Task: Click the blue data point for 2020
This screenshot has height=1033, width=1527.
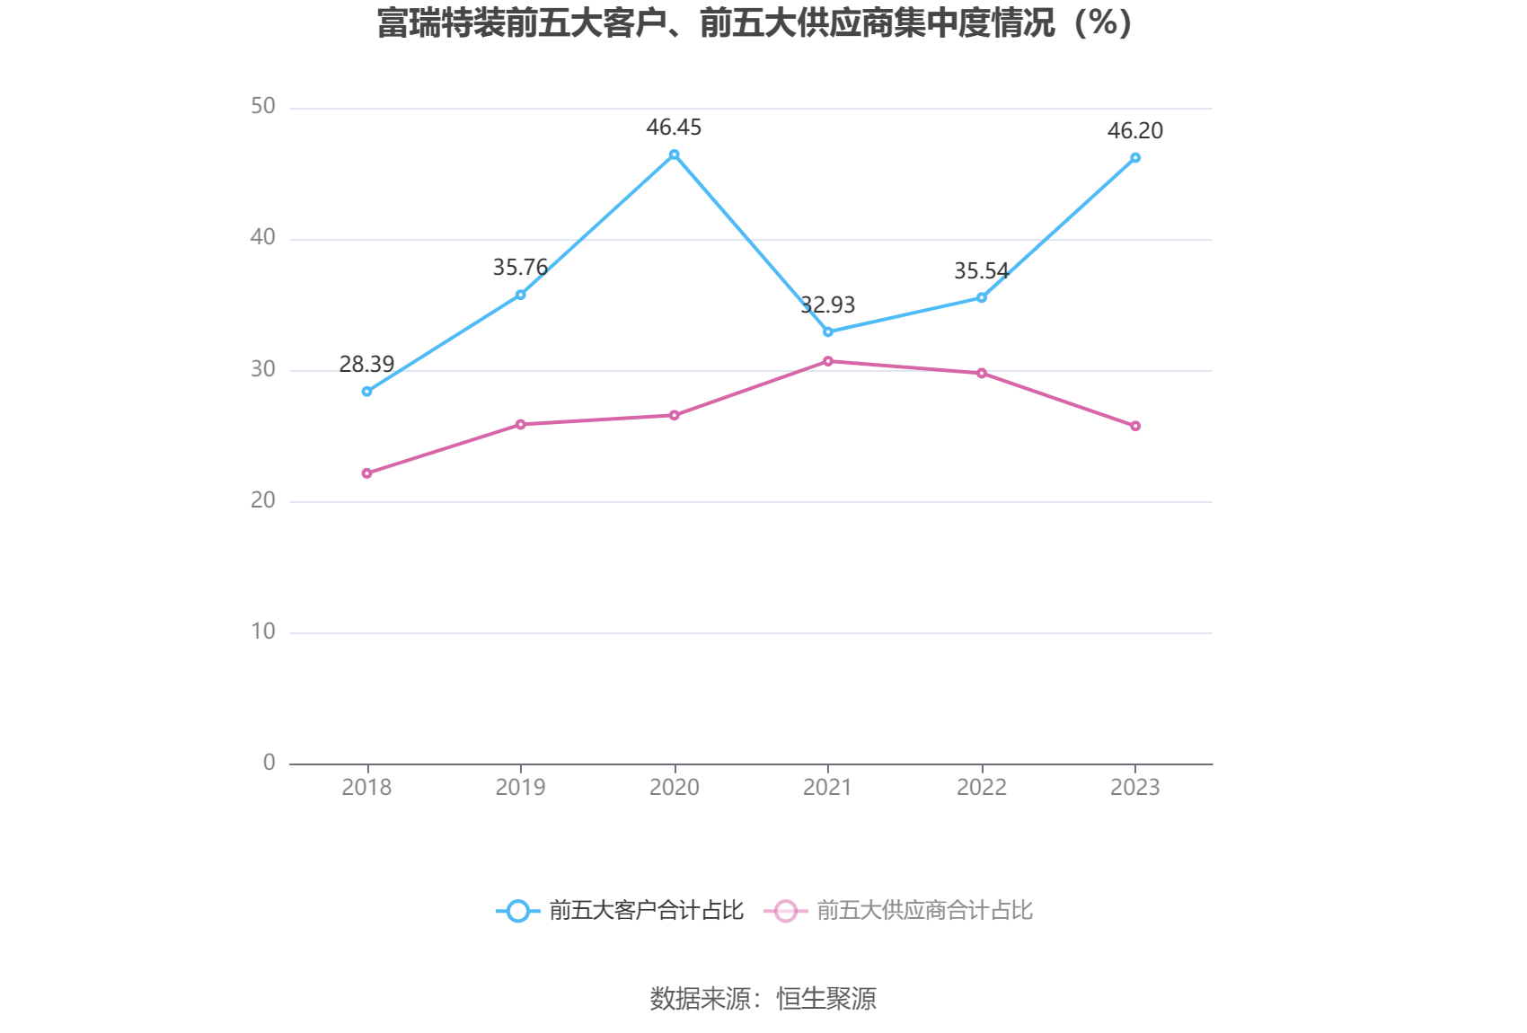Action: [674, 155]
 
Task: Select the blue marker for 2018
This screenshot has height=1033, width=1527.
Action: [366, 392]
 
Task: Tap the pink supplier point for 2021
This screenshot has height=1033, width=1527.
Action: [828, 361]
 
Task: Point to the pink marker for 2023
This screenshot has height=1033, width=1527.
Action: [1135, 426]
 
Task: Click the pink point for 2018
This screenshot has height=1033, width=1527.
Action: [366, 473]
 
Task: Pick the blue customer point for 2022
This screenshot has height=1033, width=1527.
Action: [982, 297]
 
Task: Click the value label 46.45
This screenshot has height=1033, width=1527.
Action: [674, 128]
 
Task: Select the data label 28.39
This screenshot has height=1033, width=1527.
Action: [366, 364]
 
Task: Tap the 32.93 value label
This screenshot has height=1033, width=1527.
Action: [828, 305]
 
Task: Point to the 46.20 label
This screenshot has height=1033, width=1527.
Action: [1135, 130]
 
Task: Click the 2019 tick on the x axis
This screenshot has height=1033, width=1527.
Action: [520, 787]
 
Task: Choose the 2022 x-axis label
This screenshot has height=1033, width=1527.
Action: [982, 787]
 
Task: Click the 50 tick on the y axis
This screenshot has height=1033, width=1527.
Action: [263, 106]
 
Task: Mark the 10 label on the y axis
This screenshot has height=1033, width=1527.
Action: [263, 631]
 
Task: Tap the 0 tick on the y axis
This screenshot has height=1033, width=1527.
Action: [269, 763]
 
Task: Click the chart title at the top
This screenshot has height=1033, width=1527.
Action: [755, 23]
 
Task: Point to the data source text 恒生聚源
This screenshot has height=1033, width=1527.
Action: [826, 998]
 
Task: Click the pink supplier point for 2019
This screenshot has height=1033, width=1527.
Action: [520, 424]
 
